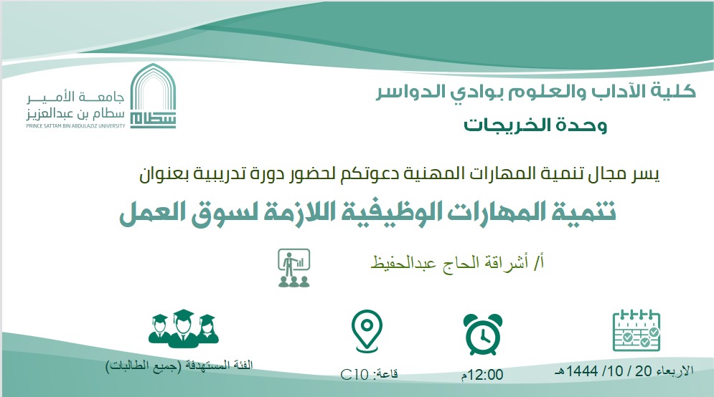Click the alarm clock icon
pos(483,334)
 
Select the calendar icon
pos(636,330)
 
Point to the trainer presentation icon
pos(294,268)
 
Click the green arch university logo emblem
pos(153,96)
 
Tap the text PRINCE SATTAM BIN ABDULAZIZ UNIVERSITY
pos(75,126)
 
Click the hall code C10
pos(354,375)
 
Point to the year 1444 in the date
pos(582,371)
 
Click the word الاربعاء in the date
pos(675,371)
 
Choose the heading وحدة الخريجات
pos(535,125)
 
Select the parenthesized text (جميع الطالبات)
pos(144,366)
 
